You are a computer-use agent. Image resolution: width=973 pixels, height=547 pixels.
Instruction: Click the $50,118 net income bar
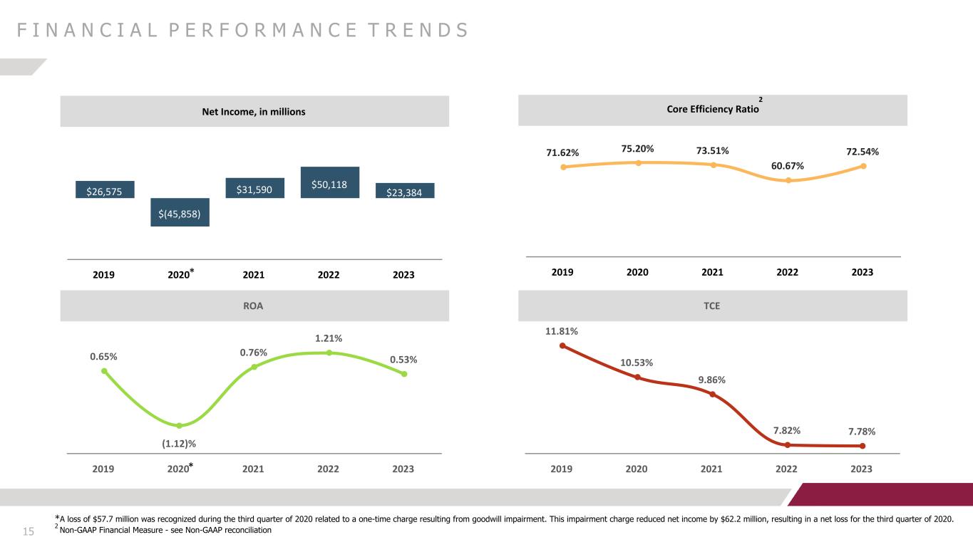click(x=330, y=182)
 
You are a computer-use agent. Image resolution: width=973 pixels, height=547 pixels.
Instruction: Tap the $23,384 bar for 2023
click(x=405, y=191)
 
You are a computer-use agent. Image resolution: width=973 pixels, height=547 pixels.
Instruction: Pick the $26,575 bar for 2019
click(x=105, y=189)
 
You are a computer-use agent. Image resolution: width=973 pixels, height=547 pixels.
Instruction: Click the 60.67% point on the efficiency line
click(x=788, y=181)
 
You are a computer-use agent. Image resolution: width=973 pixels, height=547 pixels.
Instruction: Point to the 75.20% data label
click(x=637, y=149)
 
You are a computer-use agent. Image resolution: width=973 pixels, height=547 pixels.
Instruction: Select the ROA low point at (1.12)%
click(x=180, y=425)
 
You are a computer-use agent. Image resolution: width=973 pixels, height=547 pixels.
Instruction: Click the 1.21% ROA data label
click(x=329, y=338)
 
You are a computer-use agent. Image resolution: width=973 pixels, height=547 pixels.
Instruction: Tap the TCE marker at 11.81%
click(x=562, y=345)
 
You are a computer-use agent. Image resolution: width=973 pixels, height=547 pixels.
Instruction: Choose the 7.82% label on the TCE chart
click(x=787, y=431)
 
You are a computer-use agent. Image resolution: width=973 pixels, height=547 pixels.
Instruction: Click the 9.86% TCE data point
click(x=712, y=394)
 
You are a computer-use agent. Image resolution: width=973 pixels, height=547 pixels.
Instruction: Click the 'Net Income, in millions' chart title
click(x=254, y=112)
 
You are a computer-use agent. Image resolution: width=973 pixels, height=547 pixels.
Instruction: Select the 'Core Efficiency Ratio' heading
click(x=713, y=110)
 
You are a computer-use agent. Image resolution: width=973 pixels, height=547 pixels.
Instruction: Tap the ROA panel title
click(x=253, y=306)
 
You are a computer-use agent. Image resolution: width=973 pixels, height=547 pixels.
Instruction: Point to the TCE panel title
click(x=711, y=306)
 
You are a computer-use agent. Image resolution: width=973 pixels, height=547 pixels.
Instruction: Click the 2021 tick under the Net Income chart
click(x=253, y=275)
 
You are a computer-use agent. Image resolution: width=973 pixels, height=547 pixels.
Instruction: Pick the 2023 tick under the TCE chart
click(x=861, y=469)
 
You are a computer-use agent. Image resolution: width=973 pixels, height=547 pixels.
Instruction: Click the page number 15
click(x=29, y=531)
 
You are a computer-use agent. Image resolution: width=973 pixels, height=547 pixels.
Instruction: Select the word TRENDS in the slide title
click(x=418, y=31)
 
